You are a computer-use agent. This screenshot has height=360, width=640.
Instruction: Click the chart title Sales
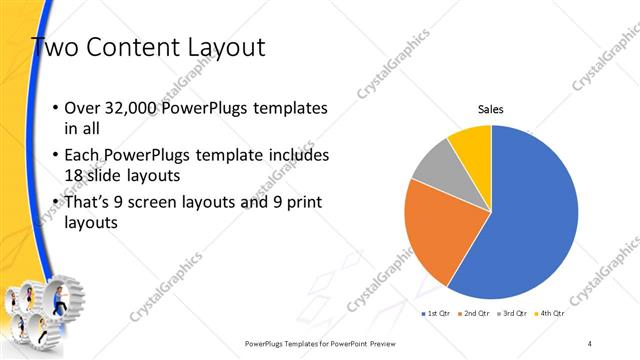point(490,109)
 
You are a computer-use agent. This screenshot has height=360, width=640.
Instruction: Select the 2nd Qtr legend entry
point(476,314)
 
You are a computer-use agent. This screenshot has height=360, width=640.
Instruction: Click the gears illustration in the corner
point(45,310)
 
